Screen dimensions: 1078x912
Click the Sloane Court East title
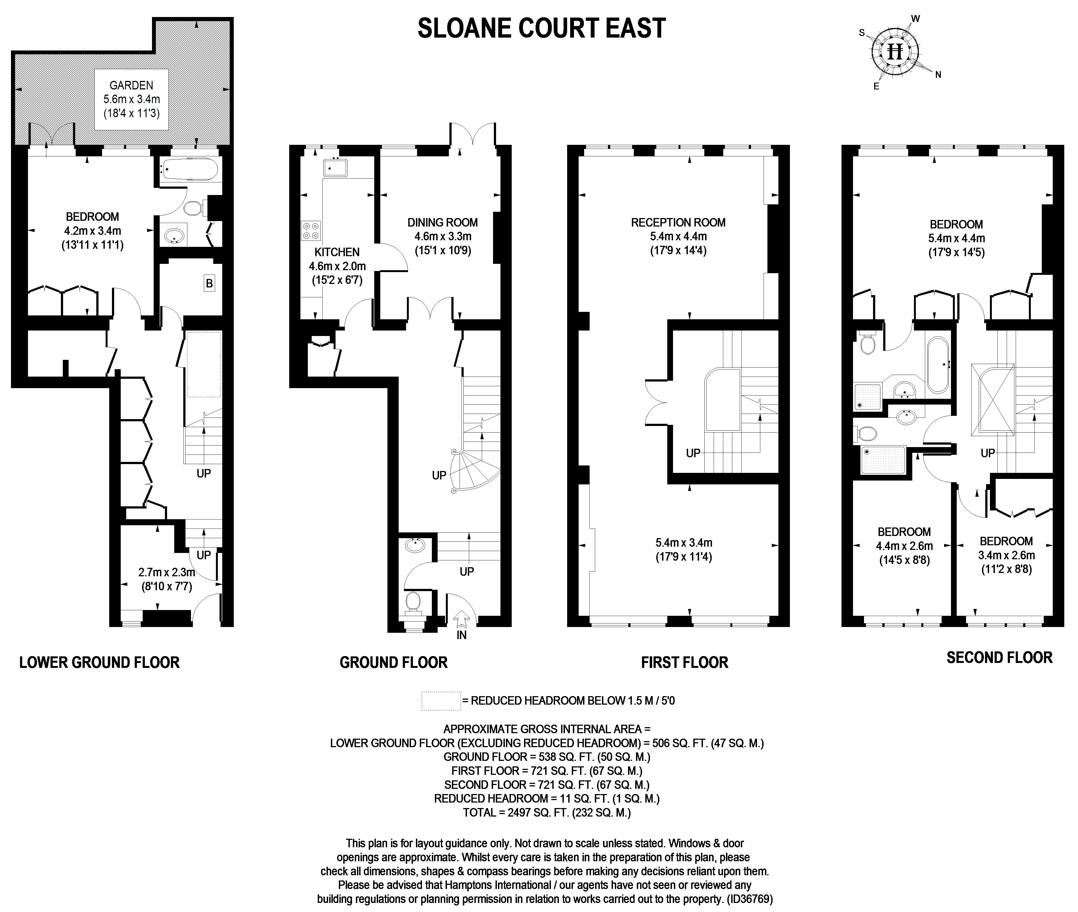541,29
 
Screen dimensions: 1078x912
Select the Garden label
131,85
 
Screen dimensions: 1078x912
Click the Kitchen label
337,252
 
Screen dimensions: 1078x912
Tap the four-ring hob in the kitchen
311,231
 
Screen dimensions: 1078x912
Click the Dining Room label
443,223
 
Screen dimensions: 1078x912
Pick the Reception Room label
678,223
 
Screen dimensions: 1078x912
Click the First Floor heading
685,662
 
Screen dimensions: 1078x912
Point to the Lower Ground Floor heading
99,662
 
